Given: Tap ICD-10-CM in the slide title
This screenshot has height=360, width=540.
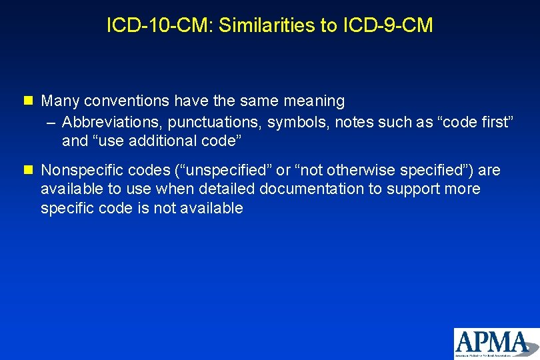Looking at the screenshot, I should coord(157,26).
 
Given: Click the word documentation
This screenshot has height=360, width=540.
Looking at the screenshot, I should coord(311,189).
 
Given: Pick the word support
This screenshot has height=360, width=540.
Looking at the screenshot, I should coord(413,189).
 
